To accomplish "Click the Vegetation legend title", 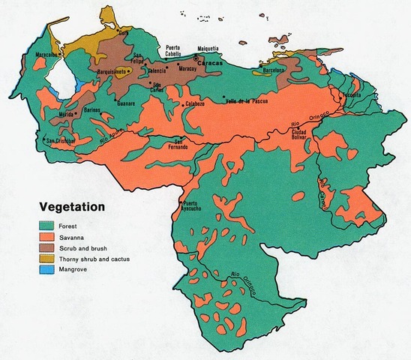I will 72,207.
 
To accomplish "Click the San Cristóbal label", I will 60,140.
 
